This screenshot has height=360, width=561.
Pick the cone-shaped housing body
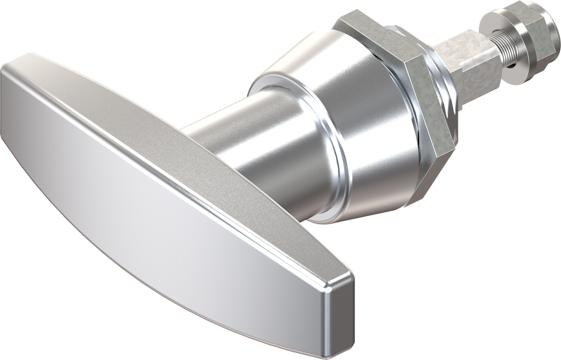(x=351, y=110)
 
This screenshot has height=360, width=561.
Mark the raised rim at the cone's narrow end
(x=274, y=82)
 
